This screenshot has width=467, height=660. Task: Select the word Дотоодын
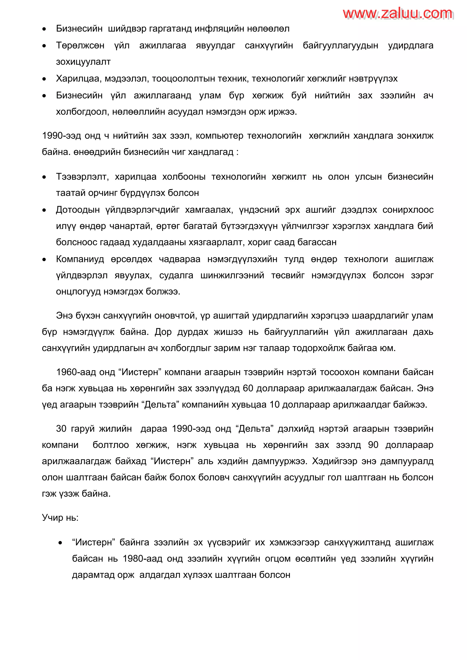click(78, 210)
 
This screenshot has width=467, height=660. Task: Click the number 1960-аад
click(76, 372)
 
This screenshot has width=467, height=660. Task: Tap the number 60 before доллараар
click(248, 388)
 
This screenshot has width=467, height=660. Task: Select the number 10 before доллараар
click(275, 405)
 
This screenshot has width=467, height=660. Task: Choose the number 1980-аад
click(142, 559)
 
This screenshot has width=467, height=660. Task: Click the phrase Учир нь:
click(60, 518)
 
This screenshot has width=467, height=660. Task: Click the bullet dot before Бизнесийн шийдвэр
click(44, 29)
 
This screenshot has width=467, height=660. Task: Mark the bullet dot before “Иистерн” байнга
click(60, 543)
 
